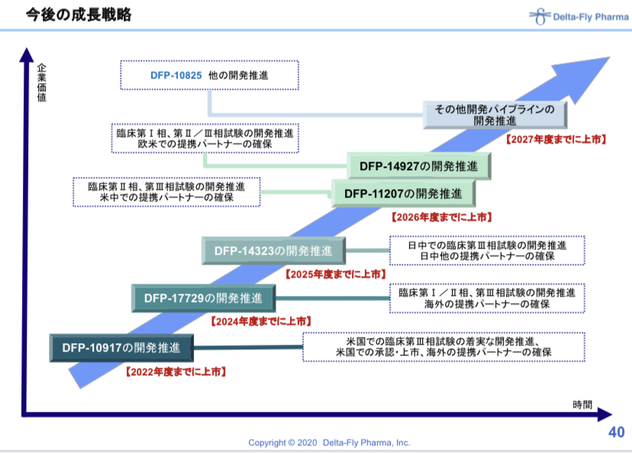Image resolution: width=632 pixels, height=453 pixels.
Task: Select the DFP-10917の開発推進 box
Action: tap(121, 349)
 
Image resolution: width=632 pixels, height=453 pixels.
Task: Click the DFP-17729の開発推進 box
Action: tap(203, 298)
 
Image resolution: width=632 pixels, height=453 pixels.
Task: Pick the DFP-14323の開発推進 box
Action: tap(272, 250)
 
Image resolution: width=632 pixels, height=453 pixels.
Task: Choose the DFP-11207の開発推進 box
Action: tap(402, 193)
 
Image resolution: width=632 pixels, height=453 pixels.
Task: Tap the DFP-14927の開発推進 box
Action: tap(418, 165)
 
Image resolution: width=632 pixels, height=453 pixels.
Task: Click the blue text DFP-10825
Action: tap(176, 76)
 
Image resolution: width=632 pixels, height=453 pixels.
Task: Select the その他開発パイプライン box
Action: tap(495, 115)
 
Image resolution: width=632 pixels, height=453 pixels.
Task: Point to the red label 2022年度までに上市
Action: tap(175, 372)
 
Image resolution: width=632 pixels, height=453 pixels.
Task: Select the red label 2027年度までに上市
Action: tap(556, 140)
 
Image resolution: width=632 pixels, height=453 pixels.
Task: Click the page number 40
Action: tap(616, 432)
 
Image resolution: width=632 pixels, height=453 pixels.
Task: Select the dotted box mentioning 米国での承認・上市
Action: tap(444, 347)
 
